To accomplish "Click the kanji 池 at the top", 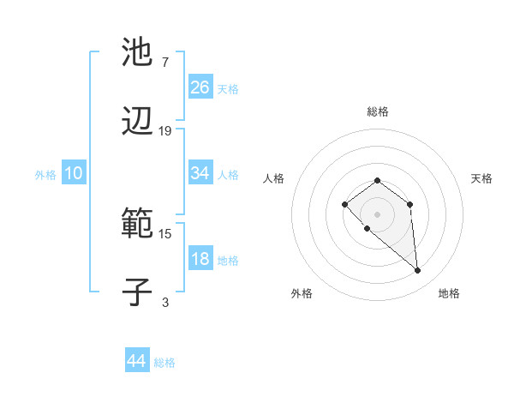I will (137, 52).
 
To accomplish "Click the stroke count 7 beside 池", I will (164, 63).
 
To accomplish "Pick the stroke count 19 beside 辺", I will (165, 131).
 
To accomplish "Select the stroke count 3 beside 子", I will (165, 302).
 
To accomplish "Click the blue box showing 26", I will (200, 87).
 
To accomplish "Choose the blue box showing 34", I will (200, 173).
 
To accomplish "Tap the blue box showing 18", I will (200, 260).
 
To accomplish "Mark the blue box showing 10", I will (74, 173).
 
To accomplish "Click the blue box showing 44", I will (137, 362).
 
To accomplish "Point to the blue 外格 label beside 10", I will (45, 175).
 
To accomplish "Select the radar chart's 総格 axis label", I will (378, 111).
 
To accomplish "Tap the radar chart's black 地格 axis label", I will (449, 293).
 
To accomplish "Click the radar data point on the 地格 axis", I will (418, 271).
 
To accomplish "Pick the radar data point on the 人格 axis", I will (344, 204).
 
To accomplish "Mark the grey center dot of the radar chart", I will (377, 214).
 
